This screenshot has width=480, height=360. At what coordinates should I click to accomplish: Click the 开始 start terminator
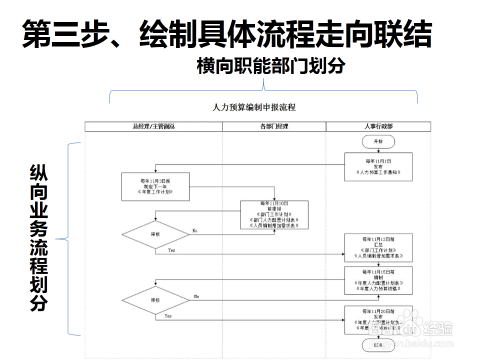(x=378, y=142)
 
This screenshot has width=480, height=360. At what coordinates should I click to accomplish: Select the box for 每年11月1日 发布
(x=378, y=166)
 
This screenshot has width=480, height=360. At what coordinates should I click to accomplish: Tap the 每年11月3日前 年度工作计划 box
(x=155, y=187)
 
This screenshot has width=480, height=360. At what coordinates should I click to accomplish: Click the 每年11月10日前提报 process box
(x=274, y=214)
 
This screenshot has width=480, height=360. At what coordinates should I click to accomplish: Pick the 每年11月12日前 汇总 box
(x=378, y=247)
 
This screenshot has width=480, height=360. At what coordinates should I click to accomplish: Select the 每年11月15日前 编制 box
(x=378, y=280)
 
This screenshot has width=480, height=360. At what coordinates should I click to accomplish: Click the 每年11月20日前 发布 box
(x=378, y=319)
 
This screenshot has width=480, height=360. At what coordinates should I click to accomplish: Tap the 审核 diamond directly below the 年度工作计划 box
(x=155, y=233)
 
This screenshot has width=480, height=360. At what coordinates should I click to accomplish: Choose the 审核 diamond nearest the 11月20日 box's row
(x=155, y=300)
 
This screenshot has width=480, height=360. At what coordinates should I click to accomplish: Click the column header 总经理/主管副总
(x=154, y=126)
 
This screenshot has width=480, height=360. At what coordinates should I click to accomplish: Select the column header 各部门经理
(x=274, y=126)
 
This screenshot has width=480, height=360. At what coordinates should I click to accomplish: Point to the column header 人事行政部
(x=378, y=126)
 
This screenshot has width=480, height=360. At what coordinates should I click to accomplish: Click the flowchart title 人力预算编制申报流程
(x=254, y=107)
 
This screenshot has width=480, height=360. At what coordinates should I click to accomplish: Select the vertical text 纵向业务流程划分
(x=38, y=238)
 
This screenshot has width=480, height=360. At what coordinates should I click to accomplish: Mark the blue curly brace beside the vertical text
(x=71, y=239)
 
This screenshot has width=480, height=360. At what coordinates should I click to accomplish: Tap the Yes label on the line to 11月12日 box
(x=171, y=249)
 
